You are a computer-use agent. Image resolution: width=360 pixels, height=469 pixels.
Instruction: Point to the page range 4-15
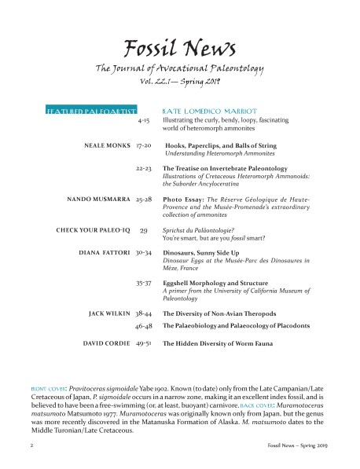144,122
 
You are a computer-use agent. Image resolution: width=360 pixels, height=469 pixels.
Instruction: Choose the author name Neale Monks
106,146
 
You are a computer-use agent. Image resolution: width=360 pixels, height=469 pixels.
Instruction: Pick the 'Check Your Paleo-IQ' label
92,229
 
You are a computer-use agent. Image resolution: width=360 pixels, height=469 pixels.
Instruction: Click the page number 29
144,229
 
